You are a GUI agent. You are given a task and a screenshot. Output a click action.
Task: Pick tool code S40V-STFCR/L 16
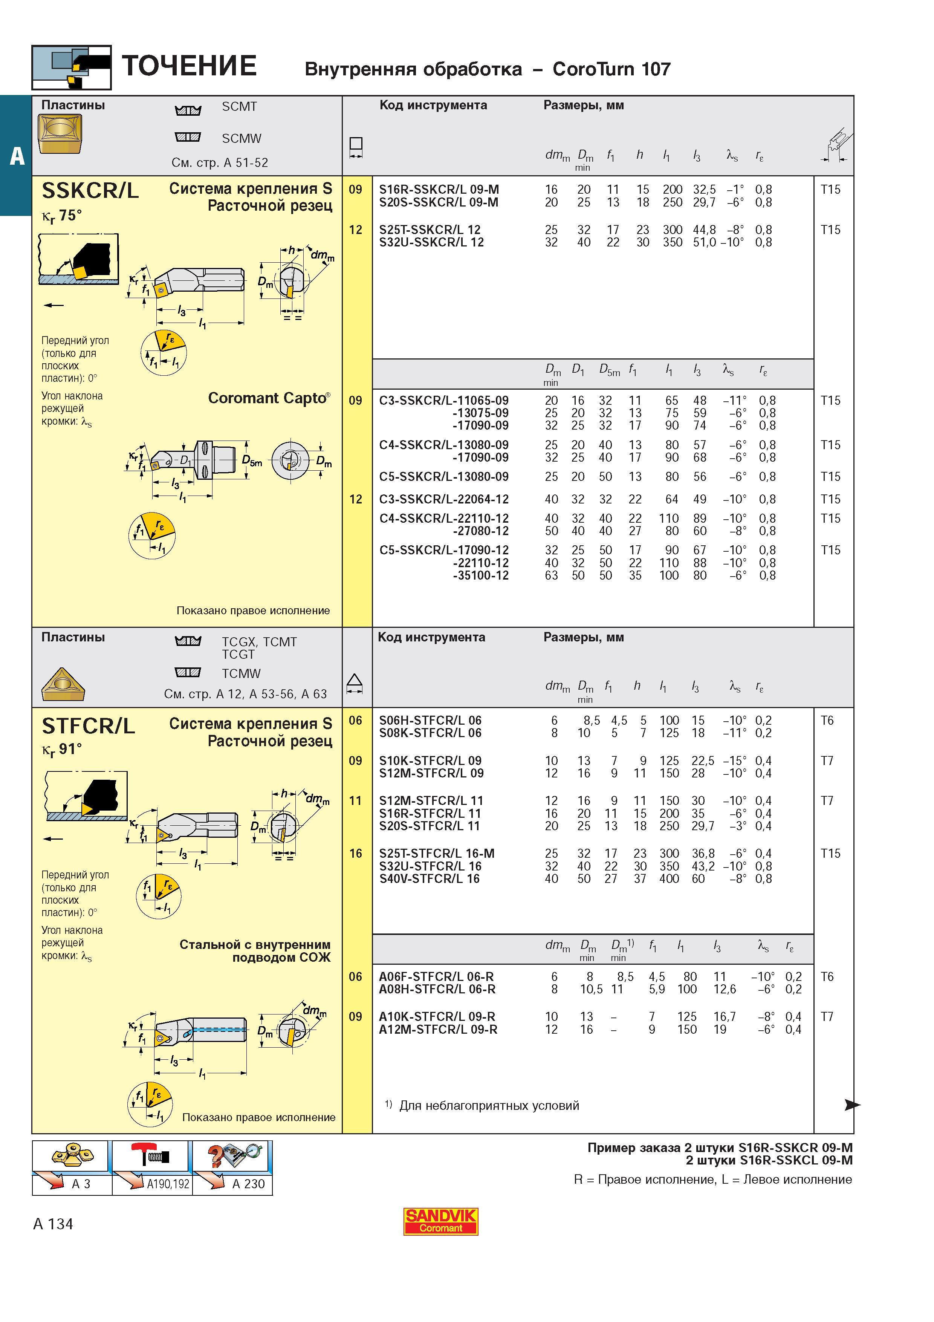[429, 879]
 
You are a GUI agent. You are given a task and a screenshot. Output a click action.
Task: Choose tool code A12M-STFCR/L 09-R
[438, 1030]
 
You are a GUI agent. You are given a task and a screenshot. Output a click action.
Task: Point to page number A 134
[53, 1224]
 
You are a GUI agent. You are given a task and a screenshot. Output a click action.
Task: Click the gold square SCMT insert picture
[60, 133]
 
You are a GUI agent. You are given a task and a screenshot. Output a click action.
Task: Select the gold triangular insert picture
[63, 684]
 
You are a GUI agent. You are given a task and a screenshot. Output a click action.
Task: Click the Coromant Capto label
[269, 398]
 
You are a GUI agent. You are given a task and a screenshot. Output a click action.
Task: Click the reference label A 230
[249, 1184]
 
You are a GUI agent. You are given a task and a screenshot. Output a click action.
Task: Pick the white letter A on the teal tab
[17, 156]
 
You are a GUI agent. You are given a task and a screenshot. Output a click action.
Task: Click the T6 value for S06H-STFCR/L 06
[827, 720]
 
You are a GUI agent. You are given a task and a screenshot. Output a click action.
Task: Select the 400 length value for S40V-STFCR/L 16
[669, 879]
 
